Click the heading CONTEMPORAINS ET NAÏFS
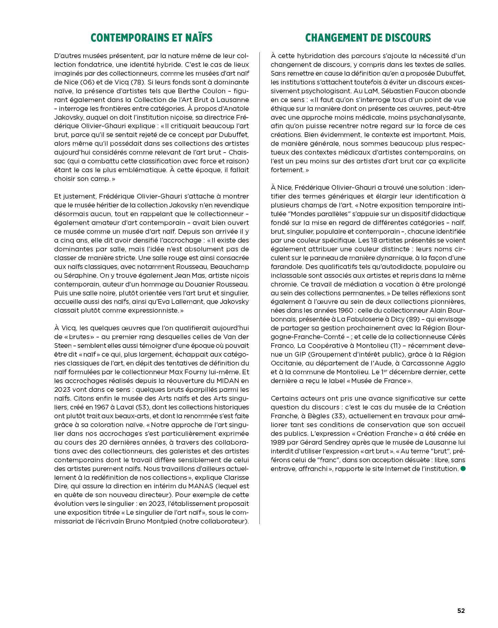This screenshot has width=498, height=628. (x=151, y=38)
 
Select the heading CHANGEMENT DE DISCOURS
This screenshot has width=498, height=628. (x=368, y=38)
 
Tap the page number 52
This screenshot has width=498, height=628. (x=461, y=609)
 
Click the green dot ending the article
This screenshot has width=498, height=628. (x=463, y=468)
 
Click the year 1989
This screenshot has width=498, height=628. (x=278, y=442)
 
